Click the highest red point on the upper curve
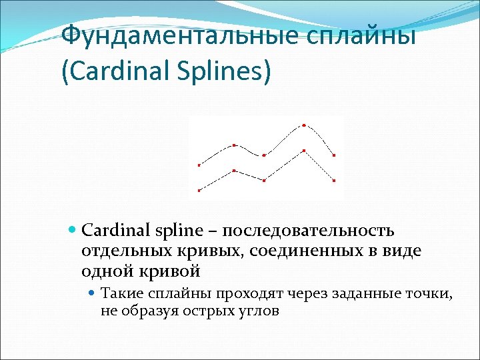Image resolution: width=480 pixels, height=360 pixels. [x=304, y=125]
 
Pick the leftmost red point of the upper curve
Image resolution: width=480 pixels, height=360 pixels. [x=199, y=165]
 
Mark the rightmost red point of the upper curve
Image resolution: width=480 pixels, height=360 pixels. [x=334, y=155]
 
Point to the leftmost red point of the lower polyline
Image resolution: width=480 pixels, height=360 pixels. [x=199, y=191]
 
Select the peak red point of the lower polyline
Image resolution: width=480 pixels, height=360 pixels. [x=304, y=151]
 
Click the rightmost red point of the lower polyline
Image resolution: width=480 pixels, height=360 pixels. [x=334, y=181]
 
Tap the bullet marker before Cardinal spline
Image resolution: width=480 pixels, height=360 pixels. [x=73, y=231]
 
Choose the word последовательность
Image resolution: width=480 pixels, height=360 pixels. [x=309, y=231]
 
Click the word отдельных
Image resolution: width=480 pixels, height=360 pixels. [x=114, y=251]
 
